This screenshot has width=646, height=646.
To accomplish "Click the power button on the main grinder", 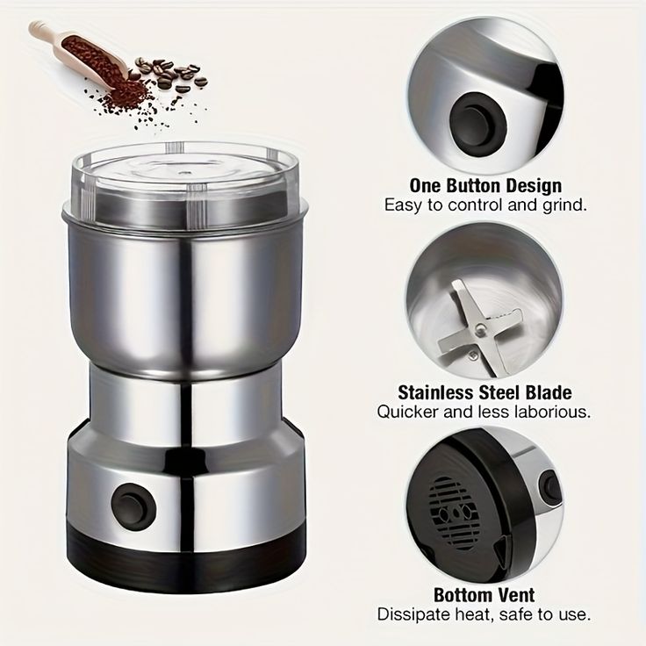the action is pos(133,506).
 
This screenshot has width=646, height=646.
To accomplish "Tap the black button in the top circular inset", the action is pos(477,124).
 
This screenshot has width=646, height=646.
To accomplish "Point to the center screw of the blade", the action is pos(480,328).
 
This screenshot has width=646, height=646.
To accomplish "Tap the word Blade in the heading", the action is pos(549,392).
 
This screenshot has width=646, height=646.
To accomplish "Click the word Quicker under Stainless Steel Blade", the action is pos(408,412).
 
